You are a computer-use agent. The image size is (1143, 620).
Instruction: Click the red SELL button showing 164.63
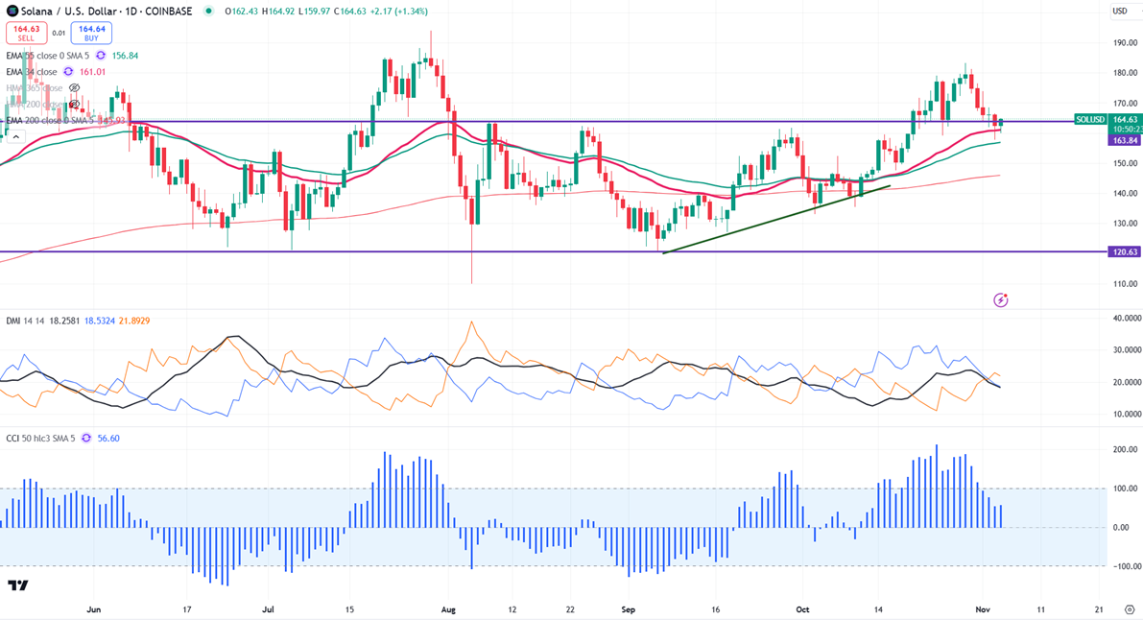click(x=26, y=33)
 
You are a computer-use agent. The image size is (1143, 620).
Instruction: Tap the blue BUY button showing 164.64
click(x=91, y=33)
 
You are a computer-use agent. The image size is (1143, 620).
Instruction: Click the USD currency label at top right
click(x=1120, y=12)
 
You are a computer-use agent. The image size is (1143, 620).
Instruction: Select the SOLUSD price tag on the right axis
click(x=1091, y=120)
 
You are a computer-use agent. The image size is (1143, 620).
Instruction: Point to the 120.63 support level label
click(x=1125, y=251)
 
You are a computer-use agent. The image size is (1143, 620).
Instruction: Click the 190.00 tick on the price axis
click(x=1125, y=43)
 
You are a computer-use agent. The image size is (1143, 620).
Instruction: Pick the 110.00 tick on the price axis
click(x=1125, y=284)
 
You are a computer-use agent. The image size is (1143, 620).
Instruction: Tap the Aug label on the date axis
click(x=447, y=609)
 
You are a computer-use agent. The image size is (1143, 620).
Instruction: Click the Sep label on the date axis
click(x=629, y=609)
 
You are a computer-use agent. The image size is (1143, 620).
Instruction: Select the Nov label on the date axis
click(x=983, y=609)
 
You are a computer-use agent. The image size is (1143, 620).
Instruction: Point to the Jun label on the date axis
click(x=94, y=609)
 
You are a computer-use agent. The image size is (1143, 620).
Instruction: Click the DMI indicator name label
click(x=14, y=321)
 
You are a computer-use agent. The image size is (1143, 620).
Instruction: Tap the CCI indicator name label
click(x=13, y=439)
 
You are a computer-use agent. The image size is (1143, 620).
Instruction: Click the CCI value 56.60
click(x=108, y=439)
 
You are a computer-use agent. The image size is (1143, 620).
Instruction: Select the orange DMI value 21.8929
click(x=134, y=321)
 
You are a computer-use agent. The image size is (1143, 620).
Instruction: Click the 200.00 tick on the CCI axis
click(x=1125, y=450)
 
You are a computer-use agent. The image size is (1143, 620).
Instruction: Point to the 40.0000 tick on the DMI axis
click(x=1125, y=318)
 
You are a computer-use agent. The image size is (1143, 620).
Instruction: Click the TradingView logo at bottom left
click(x=17, y=585)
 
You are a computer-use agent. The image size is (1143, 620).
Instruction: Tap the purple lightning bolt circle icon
click(x=1001, y=300)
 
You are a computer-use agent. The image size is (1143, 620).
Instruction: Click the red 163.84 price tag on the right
click(x=1125, y=140)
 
